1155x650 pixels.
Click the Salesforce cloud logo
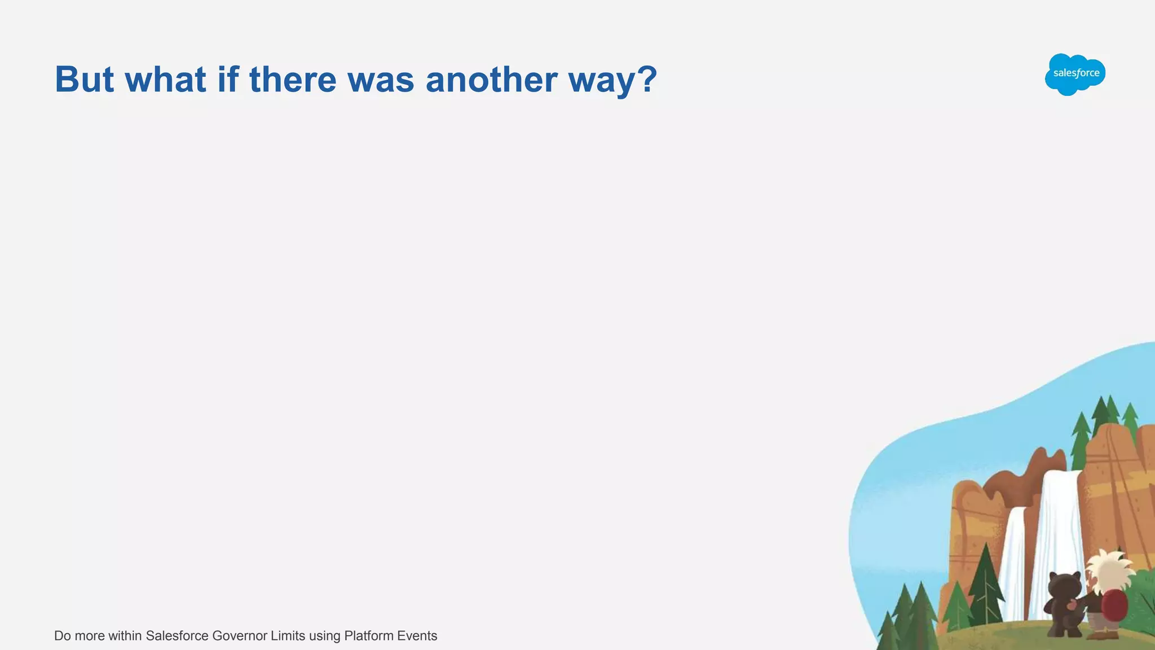point(1075,74)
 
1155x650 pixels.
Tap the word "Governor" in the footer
point(239,636)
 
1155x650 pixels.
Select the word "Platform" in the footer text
point(368,636)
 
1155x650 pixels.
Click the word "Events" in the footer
point(417,636)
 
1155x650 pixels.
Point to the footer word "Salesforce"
point(177,636)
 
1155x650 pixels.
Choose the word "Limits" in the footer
point(288,636)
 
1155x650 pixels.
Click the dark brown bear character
point(1063,604)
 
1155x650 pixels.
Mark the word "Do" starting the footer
point(62,636)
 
